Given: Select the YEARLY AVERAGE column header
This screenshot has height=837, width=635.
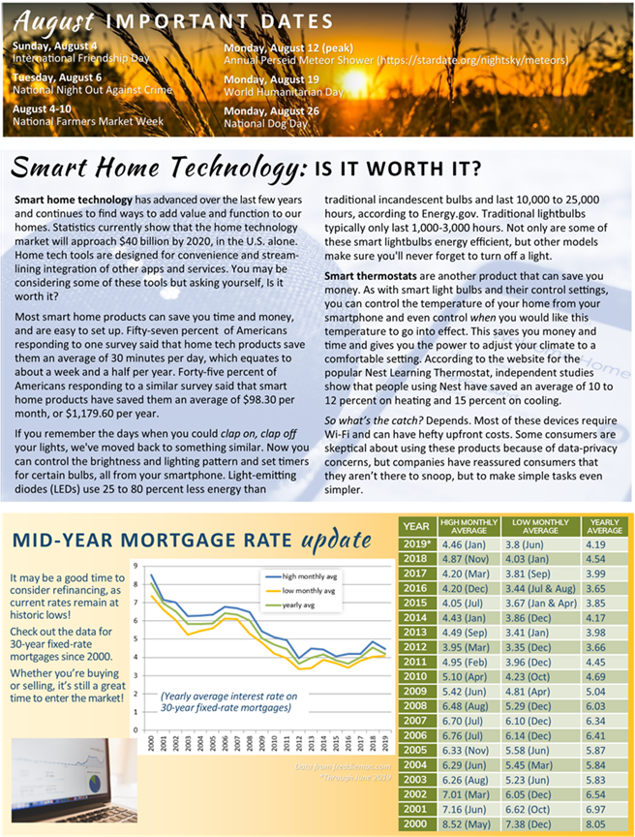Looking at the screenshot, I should [x=604, y=526].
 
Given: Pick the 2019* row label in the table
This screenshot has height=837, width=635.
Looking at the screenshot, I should [x=416, y=543].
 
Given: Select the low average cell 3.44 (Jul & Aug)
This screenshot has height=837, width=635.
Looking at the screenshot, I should [x=539, y=587].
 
